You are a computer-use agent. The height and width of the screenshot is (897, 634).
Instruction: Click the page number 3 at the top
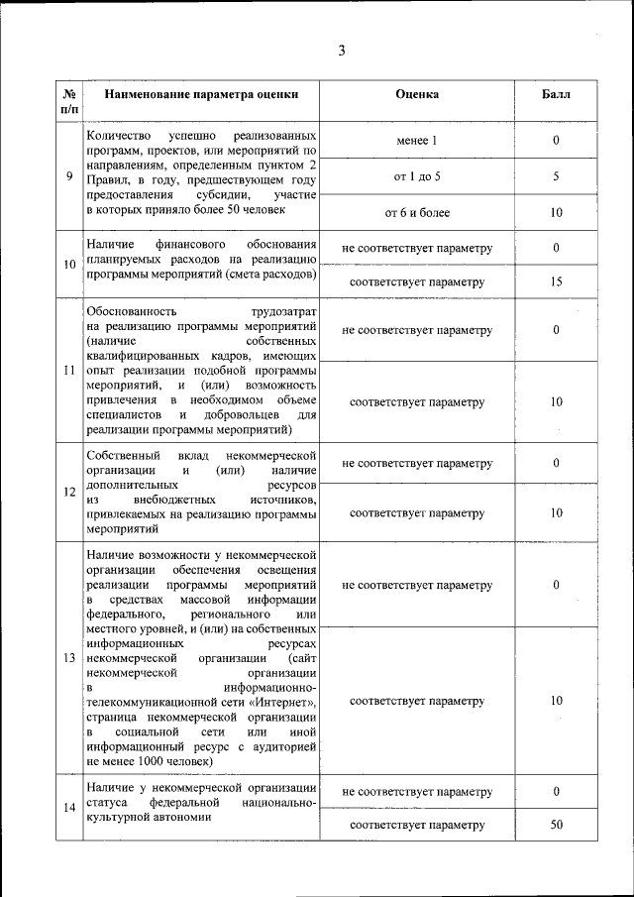[341, 52]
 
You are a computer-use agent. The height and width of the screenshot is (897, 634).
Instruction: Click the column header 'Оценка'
[417, 95]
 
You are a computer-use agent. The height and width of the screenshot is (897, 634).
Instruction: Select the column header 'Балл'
[556, 95]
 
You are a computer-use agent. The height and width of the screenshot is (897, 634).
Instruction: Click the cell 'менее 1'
[417, 141]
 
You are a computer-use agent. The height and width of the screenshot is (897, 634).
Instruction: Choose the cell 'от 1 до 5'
[417, 176]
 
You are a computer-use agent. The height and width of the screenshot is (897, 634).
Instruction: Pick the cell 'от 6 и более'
[417, 213]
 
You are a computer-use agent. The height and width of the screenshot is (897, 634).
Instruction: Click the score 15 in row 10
[556, 282]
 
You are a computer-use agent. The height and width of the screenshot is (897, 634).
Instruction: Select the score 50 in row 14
[556, 825]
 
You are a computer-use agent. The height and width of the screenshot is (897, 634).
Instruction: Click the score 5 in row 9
[556, 176]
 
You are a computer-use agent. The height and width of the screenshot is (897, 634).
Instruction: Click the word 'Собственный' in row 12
[122, 453]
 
